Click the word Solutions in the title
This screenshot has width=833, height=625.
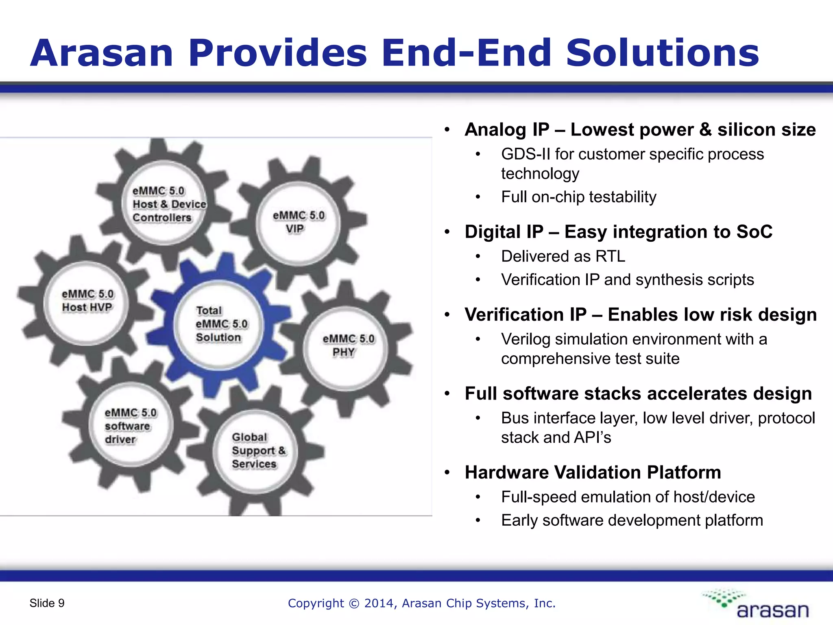(662, 53)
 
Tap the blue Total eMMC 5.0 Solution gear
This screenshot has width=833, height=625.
(220, 324)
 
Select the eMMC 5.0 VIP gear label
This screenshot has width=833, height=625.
(298, 222)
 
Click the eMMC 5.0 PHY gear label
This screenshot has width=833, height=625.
(348, 345)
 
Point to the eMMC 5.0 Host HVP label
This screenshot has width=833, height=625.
(87, 300)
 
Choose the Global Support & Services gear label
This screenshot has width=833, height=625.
(258, 450)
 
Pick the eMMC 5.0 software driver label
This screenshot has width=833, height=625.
(129, 426)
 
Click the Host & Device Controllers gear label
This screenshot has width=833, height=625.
(168, 204)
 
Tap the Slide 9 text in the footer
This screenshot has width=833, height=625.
(47, 603)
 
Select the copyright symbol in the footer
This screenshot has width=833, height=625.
(354, 603)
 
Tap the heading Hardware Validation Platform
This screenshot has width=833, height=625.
(593, 472)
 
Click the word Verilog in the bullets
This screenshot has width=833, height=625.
(526, 339)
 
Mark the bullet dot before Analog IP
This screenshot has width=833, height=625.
(447, 130)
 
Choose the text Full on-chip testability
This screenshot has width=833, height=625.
(578, 197)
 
